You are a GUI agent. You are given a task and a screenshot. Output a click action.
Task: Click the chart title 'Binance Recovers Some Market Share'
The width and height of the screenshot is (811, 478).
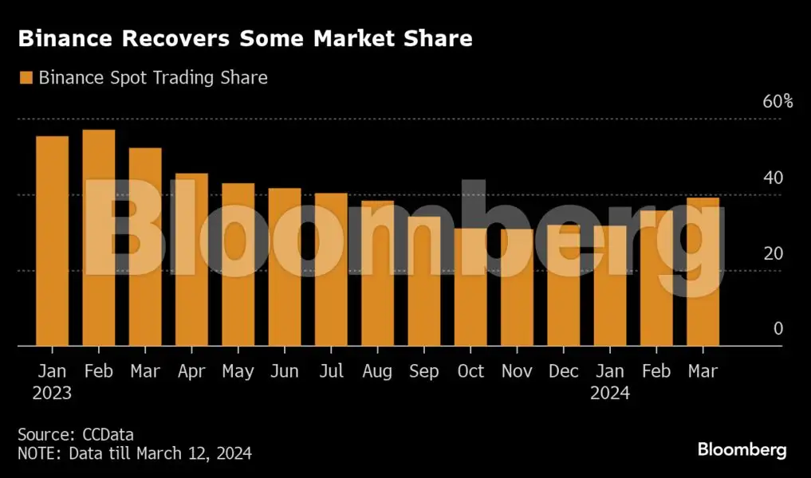click(245, 39)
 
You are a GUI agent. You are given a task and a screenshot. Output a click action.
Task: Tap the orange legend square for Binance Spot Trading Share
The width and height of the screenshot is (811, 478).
click(26, 78)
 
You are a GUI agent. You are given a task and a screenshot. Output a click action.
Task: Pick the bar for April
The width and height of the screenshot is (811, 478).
click(191, 260)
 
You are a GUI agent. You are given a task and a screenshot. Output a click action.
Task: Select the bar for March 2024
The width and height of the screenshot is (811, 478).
click(703, 272)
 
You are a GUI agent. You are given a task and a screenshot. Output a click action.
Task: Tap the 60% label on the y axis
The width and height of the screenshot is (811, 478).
click(778, 102)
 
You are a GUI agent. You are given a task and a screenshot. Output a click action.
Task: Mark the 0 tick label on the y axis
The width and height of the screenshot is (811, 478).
click(778, 329)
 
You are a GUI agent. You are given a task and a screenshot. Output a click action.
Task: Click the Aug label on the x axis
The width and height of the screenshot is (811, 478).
click(377, 372)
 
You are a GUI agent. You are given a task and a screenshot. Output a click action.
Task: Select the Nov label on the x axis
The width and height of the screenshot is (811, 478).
click(518, 372)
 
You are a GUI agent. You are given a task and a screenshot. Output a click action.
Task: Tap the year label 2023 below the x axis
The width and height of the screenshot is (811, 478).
click(52, 393)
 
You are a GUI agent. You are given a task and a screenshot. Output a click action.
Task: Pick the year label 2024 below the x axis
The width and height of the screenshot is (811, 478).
click(609, 393)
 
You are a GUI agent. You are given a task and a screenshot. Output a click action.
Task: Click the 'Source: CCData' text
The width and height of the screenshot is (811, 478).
click(76, 435)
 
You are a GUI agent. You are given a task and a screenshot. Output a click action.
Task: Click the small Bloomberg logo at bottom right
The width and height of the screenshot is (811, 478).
click(742, 450)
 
